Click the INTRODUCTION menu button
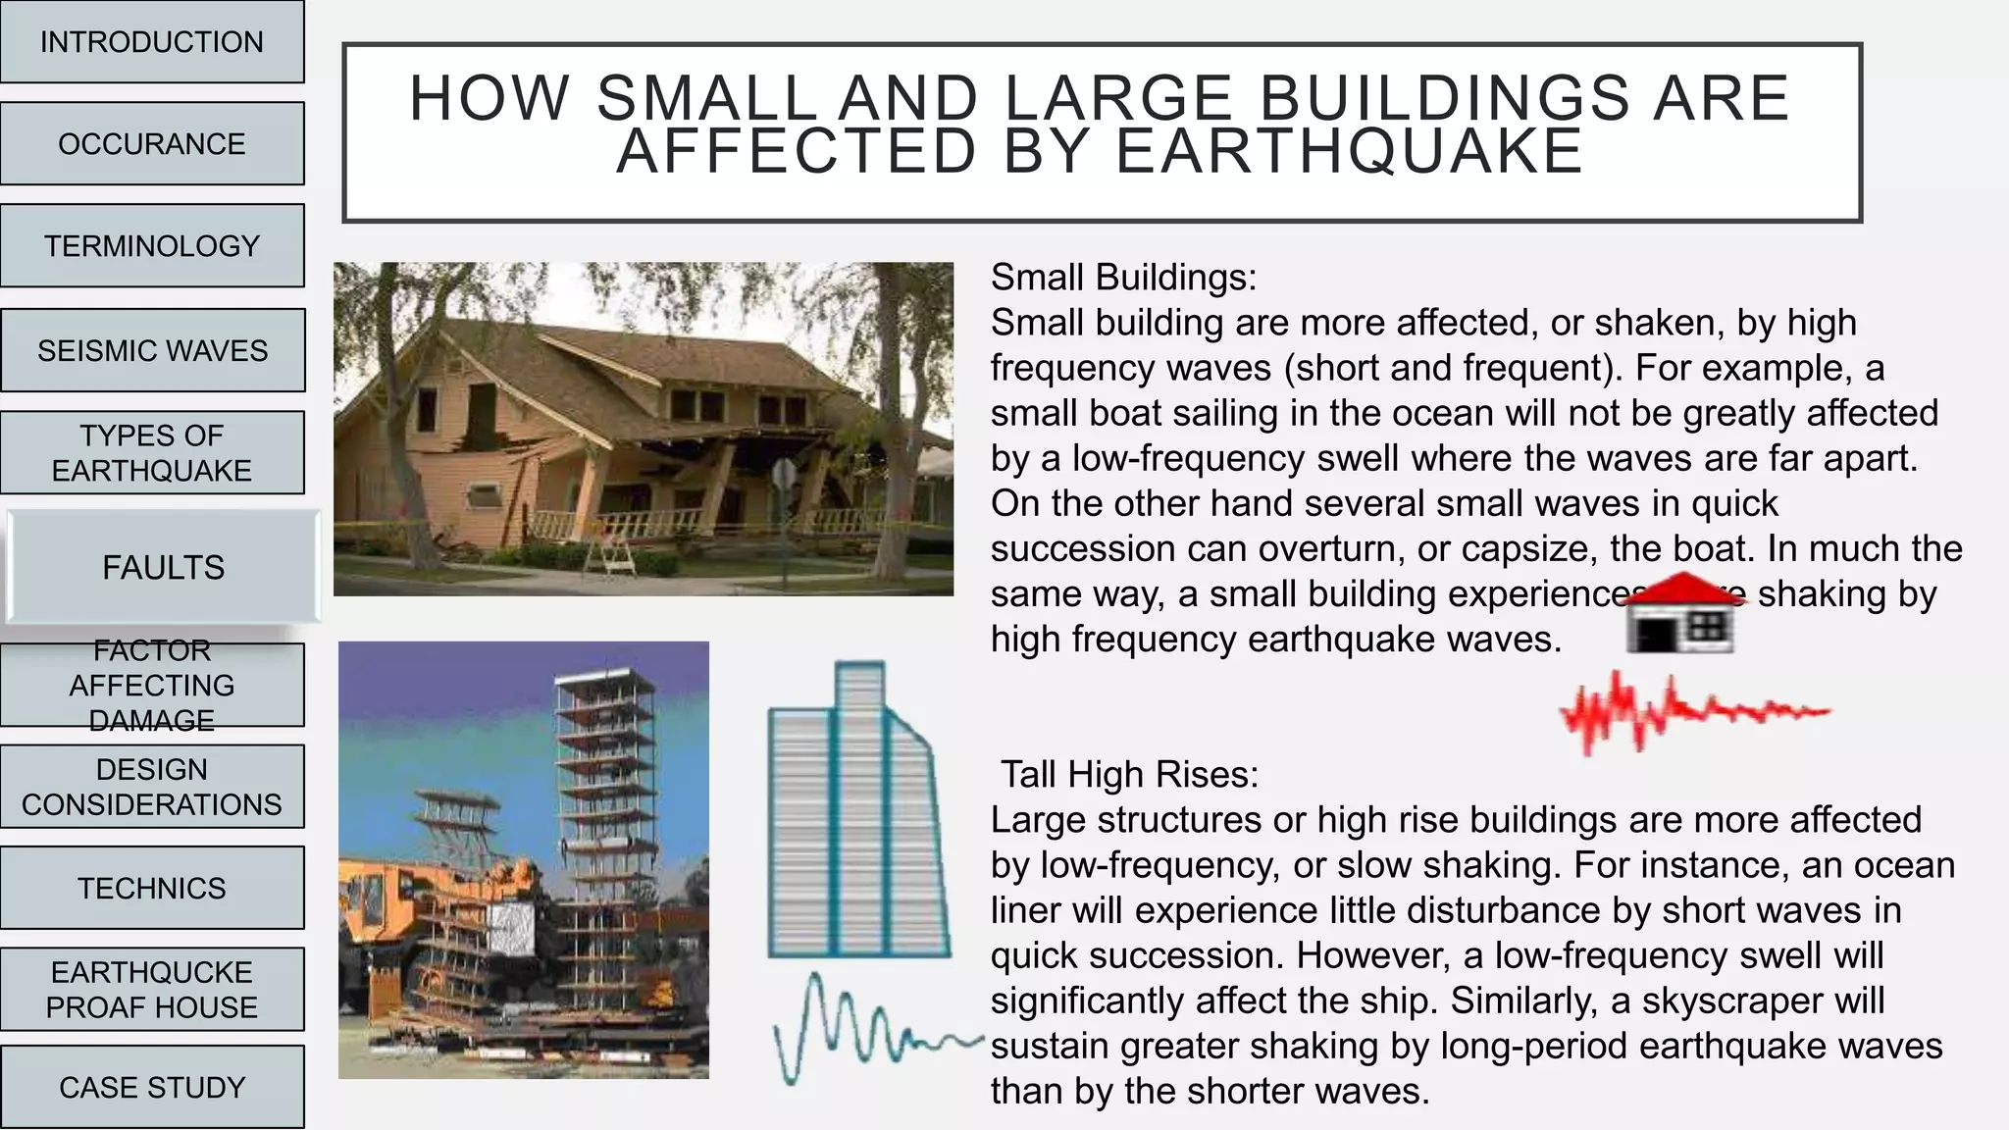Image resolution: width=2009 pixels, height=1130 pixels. (x=152, y=42)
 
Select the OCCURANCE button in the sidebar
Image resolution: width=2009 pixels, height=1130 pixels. (x=152, y=144)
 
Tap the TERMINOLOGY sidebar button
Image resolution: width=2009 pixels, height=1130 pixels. (x=152, y=246)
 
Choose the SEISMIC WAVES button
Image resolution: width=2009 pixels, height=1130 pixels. (x=152, y=350)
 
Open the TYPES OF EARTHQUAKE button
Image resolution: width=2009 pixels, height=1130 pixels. (x=152, y=452)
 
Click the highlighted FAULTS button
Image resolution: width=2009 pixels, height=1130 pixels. (x=163, y=567)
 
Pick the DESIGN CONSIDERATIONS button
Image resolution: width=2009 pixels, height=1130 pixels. (x=152, y=787)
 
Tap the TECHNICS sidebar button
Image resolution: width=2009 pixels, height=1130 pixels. (x=152, y=888)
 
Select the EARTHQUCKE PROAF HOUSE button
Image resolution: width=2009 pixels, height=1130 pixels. (x=152, y=990)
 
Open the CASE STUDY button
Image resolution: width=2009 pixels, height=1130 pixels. (x=152, y=1087)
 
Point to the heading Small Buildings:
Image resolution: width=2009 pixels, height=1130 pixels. (x=1123, y=278)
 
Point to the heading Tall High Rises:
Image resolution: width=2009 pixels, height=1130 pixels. (x=1129, y=775)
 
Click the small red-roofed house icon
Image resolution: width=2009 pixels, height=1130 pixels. (x=1681, y=616)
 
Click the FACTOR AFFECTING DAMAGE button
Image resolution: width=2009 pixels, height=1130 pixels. (x=152, y=686)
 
